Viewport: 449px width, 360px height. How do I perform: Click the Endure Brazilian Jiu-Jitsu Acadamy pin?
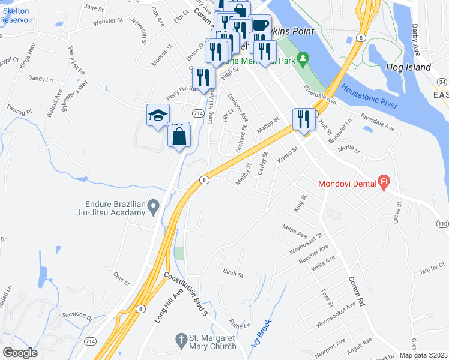tap(154, 208)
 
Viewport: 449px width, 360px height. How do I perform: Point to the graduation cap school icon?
tap(158, 115)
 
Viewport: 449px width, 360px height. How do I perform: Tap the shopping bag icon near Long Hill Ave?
tap(179, 136)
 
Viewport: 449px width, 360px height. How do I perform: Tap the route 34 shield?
tap(442, 82)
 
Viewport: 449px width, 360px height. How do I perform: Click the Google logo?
tap(20, 352)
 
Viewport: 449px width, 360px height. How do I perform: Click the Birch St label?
tap(233, 275)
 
